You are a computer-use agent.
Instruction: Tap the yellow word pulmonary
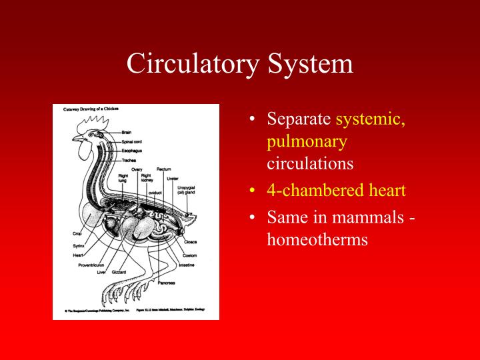tap(307, 141)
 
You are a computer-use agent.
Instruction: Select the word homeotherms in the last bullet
tap(317, 239)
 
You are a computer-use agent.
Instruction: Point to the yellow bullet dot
tap(253, 191)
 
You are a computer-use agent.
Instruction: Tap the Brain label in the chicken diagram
tap(126, 132)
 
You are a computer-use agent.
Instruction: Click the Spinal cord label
tap(131, 141)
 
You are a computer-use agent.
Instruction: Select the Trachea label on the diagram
tap(129, 160)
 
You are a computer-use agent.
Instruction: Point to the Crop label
tap(77, 234)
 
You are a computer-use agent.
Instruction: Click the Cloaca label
tap(191, 243)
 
